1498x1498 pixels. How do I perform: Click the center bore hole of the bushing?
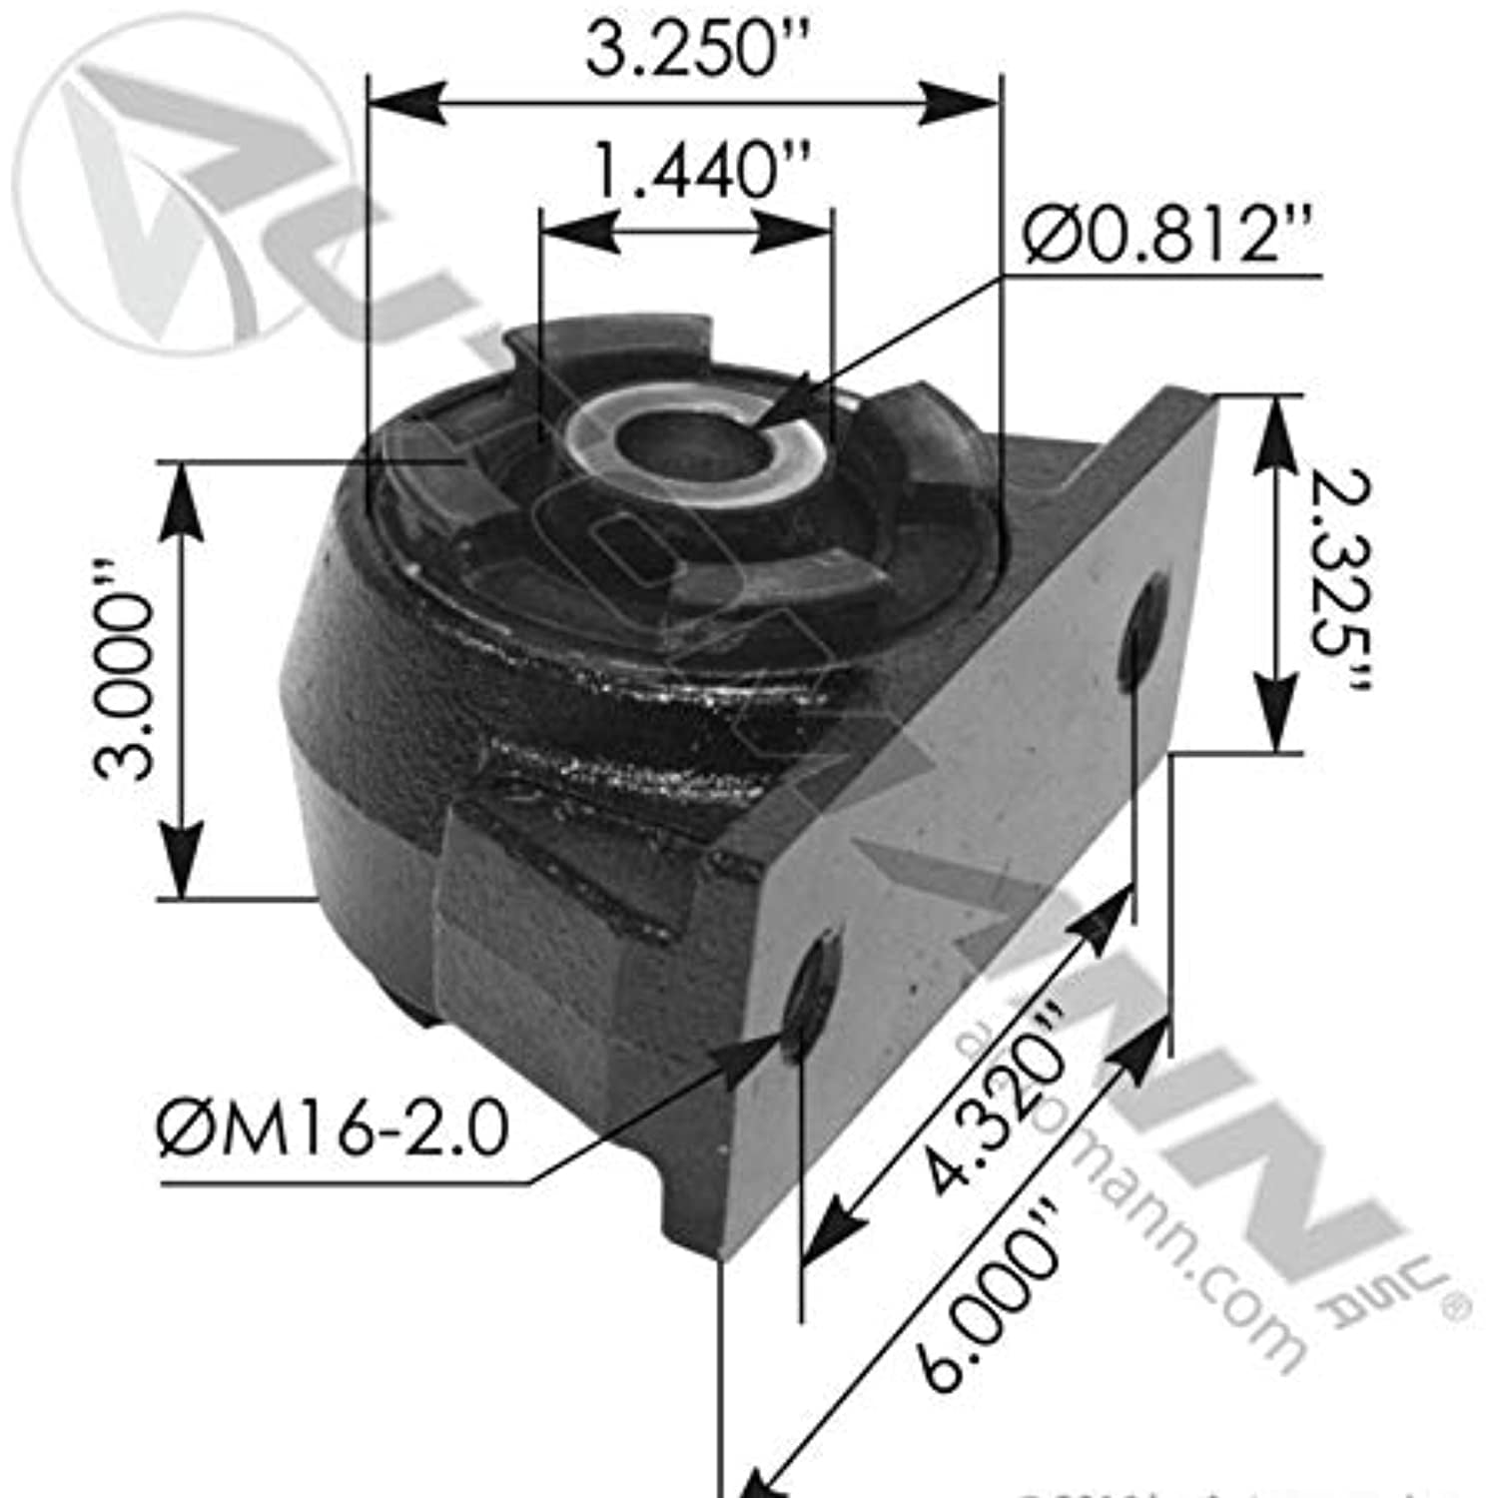click(x=679, y=444)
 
